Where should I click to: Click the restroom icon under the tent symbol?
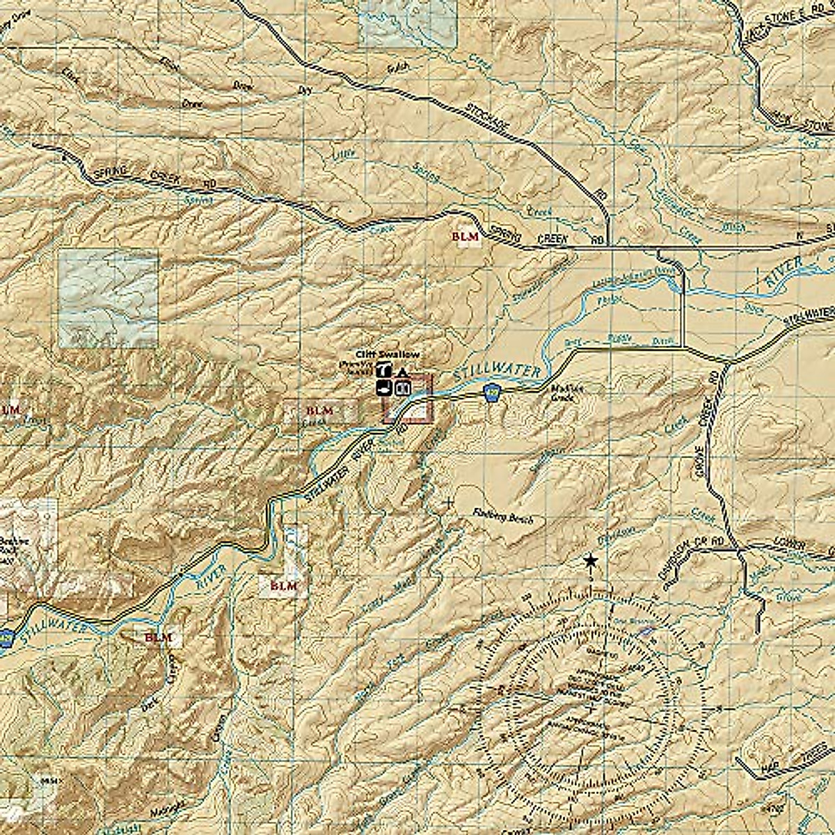401,388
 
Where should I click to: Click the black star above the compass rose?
590,560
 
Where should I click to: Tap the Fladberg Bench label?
502,518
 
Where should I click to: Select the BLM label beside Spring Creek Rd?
466,237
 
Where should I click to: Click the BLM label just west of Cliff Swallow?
320,411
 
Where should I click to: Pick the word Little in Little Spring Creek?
343,152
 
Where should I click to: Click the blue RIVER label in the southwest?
211,577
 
